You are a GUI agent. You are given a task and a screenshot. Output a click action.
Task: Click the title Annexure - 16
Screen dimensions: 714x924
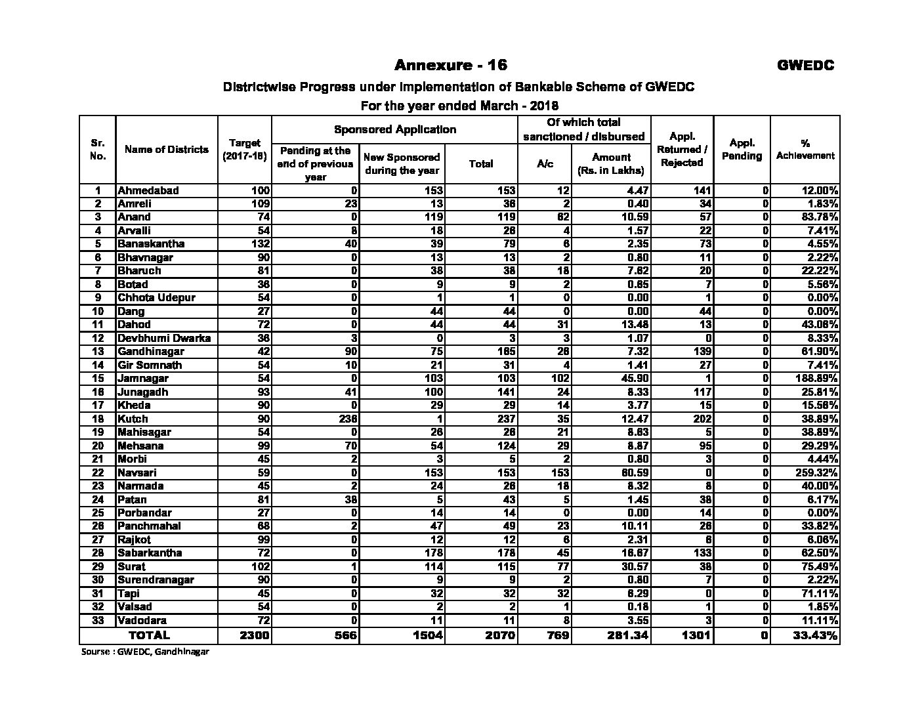click(x=450, y=65)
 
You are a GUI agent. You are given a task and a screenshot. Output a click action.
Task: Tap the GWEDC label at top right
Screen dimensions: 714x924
click(x=805, y=65)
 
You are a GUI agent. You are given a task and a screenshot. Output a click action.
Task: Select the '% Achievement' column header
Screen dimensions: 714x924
click(x=805, y=149)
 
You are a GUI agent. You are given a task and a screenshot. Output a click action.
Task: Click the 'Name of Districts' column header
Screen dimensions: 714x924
click(x=166, y=150)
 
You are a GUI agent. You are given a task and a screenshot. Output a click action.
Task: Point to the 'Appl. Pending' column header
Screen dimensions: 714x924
click(x=742, y=149)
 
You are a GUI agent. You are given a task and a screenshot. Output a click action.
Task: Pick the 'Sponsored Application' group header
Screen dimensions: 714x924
click(x=394, y=129)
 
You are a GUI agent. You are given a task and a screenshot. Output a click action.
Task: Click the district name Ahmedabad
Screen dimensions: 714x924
click(x=148, y=191)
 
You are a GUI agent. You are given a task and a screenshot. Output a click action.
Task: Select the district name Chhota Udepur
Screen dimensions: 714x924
click(x=156, y=298)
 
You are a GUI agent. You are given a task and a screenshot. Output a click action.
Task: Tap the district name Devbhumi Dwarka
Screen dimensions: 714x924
click(x=164, y=339)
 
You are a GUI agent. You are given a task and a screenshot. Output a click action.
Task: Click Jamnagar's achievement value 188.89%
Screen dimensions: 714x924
click(x=814, y=379)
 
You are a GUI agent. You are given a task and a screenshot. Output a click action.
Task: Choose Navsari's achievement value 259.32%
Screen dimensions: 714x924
click(x=814, y=472)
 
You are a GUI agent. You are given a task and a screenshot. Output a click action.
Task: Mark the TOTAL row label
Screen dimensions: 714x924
click(x=149, y=635)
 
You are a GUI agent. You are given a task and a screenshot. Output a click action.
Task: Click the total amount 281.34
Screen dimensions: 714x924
click(x=625, y=635)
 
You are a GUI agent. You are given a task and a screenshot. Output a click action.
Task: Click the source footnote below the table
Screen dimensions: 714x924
click(x=145, y=652)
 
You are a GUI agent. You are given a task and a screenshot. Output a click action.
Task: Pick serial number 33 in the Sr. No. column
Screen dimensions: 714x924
click(x=97, y=620)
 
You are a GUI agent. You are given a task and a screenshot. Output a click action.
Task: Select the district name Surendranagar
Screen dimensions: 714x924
click(x=156, y=580)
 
